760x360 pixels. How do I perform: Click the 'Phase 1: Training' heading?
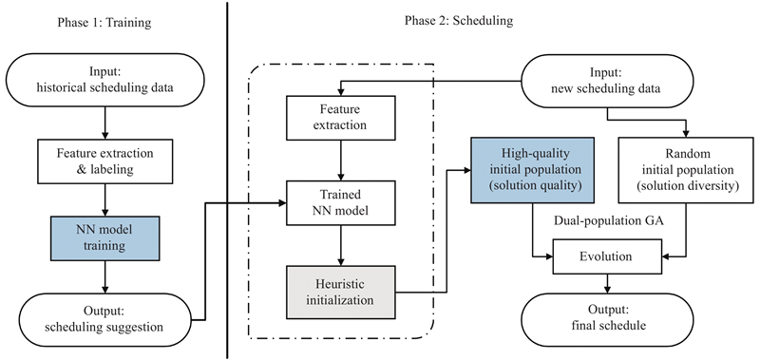[104, 22]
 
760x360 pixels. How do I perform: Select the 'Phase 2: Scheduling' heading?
[459, 21]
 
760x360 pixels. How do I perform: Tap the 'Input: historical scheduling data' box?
[104, 80]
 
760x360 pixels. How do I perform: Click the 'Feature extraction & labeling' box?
[105, 161]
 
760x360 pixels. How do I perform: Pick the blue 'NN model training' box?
[105, 238]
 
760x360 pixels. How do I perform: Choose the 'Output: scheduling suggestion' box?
[104, 320]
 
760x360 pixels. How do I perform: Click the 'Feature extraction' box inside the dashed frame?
[340, 118]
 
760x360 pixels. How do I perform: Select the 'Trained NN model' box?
[340, 203]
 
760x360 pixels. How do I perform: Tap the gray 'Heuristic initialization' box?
[340, 292]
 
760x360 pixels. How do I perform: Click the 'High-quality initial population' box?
[532, 170]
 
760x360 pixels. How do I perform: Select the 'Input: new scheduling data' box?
[608, 81]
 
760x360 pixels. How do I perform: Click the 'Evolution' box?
[606, 256]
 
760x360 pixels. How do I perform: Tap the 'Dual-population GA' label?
[608, 221]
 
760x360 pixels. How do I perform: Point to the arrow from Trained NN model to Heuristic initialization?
[340, 245]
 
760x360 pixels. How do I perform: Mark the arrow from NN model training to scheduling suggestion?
[105, 277]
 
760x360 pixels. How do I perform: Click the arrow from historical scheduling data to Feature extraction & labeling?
[105, 123]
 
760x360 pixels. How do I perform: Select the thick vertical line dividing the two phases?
[227, 180]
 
